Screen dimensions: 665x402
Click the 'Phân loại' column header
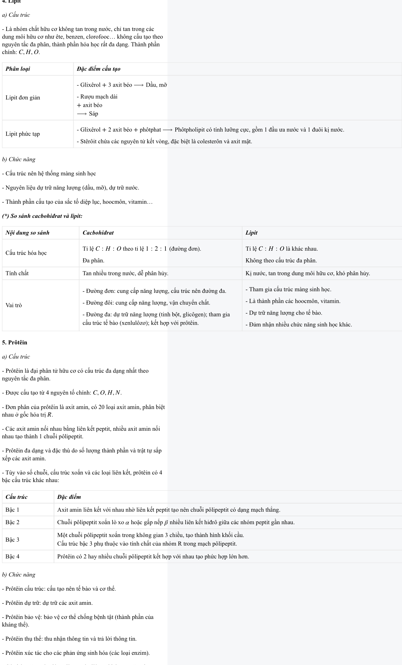coord(18,69)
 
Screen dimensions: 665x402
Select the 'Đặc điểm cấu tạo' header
coord(99,69)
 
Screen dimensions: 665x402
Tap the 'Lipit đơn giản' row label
coord(23,97)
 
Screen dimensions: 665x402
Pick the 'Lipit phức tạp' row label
coord(23,134)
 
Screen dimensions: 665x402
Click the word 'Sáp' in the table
coord(93,114)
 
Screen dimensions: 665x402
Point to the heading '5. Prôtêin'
coord(15,343)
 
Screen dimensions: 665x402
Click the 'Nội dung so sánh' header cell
coord(28,233)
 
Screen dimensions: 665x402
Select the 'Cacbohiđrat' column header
coord(98,233)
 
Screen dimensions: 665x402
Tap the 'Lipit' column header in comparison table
coord(252,233)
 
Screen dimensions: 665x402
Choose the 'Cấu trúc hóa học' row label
coord(26,253)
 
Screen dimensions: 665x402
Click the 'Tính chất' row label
coord(17,273)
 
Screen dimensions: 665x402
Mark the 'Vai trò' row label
coord(14,305)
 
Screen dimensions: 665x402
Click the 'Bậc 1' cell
coord(13,510)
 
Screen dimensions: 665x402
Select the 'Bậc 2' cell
coord(13,522)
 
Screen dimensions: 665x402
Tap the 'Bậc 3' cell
coord(13,539)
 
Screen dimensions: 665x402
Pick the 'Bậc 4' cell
coord(13,556)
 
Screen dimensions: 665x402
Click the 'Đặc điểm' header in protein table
coord(69,497)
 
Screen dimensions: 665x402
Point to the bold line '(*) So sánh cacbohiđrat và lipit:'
coord(42,216)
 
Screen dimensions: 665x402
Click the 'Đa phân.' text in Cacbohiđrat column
coord(93,260)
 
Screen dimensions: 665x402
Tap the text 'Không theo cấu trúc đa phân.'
coord(281,260)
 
